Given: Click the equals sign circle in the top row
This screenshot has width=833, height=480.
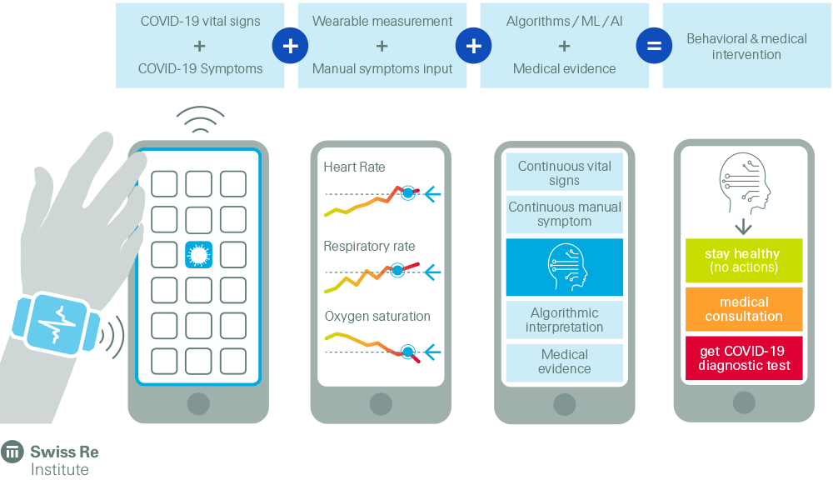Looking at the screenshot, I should pos(654,46).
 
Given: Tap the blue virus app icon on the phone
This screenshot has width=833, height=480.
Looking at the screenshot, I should pos(198,254).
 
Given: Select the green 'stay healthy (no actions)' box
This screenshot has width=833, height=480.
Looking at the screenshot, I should pos(744,260).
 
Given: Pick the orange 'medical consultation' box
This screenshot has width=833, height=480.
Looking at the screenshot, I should pos(744,309).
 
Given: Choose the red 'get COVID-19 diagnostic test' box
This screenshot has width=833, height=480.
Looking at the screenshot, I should pos(744,358).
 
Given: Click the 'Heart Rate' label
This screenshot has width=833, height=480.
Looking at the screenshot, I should pos(354,167).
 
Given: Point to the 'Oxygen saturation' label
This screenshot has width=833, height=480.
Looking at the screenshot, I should pos(377,317).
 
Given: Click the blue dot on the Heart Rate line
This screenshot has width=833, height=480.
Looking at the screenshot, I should pos(407,193).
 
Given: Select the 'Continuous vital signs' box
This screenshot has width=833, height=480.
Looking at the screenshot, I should pos(565,173).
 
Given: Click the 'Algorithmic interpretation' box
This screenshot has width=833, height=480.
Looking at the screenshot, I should pos(565,320).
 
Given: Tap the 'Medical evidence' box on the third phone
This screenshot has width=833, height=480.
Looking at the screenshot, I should pos(565,362).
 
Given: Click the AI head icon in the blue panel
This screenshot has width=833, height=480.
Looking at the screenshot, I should pos(565,267).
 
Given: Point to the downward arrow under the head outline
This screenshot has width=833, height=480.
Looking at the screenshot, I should pos(743,226).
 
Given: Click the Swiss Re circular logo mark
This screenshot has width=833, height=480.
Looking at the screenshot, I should pos(12,452).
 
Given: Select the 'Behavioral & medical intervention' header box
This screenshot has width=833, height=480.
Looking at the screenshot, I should pos(746,47).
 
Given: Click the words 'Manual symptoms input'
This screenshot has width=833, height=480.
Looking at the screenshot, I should pos(382,68).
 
